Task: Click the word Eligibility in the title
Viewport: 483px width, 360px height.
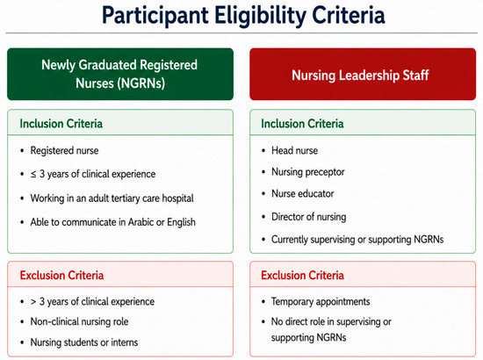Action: pyautogui.click(x=260, y=16)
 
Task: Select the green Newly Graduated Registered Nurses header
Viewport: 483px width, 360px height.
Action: pyautogui.click(x=120, y=74)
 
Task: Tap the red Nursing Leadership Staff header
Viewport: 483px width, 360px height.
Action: pyautogui.click(x=363, y=74)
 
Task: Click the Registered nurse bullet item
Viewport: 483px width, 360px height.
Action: pyautogui.click(x=64, y=151)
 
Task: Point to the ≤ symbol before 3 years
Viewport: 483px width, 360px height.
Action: pyautogui.click(x=33, y=175)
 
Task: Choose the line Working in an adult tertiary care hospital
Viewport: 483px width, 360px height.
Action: pyautogui.click(x=112, y=198)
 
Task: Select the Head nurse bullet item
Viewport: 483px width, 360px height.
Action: pyautogui.click(x=294, y=151)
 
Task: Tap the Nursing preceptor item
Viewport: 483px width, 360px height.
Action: pyautogui.click(x=307, y=172)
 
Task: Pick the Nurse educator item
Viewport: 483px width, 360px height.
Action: pyautogui.click(x=302, y=194)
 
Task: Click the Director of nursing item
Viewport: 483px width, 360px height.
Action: pyautogui.click(x=308, y=217)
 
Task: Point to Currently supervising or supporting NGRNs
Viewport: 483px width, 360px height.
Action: pyautogui.click(x=357, y=240)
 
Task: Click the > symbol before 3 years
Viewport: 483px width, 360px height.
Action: pyautogui.click(x=33, y=302)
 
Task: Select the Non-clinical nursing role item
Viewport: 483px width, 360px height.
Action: pyautogui.click(x=79, y=321)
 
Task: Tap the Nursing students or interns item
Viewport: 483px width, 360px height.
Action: pyautogui.click(x=84, y=342)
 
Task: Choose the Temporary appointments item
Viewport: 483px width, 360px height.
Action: pyautogui.click(x=321, y=301)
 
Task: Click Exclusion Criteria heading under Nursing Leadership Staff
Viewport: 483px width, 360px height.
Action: pyautogui.click(x=302, y=276)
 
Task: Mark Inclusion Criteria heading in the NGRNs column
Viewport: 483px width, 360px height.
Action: pyautogui.click(x=61, y=124)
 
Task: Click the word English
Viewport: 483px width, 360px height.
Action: pyautogui.click(x=181, y=222)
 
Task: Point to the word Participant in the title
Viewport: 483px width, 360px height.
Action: pyautogui.click(x=155, y=16)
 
